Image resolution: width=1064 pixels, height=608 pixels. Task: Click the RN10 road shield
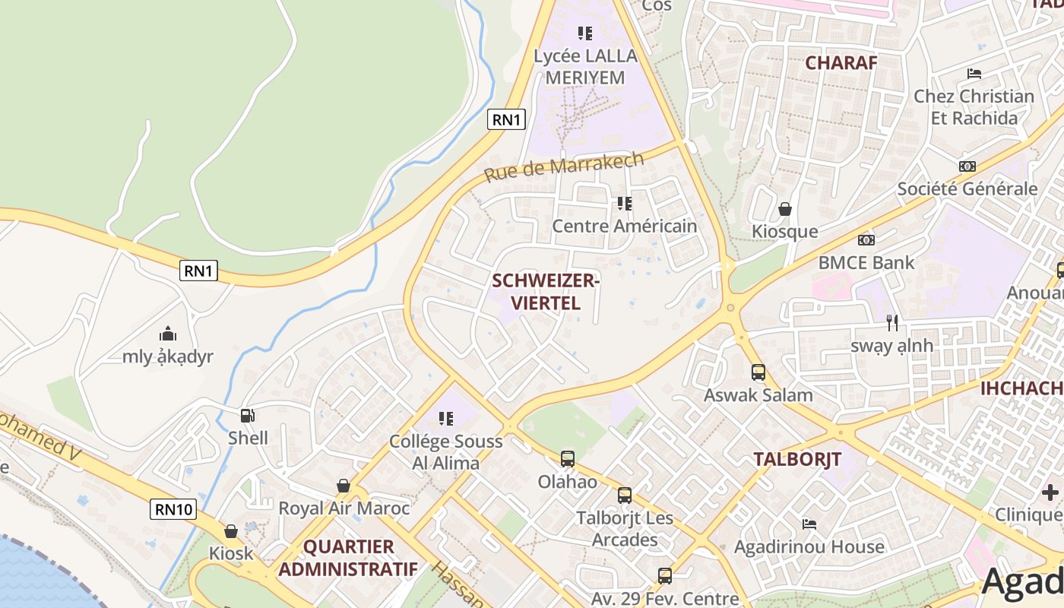pos(175,509)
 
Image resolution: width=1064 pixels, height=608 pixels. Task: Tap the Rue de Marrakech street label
pos(564,166)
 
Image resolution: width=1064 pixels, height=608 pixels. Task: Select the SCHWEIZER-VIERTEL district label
pos(546,292)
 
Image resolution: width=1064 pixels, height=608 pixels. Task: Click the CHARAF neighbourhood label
pos(841,62)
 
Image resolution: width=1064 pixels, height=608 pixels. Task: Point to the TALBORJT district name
pos(797,459)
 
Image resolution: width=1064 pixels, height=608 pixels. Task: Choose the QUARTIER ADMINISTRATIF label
pos(348,558)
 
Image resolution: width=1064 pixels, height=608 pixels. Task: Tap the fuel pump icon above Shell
pos(248,416)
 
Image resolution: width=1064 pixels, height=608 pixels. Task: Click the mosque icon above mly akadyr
pos(168,334)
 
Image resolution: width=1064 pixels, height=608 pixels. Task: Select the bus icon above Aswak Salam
pos(758,372)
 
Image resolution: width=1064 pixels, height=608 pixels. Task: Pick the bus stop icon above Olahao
pos(567,459)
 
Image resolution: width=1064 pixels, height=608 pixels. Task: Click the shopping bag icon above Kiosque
pos(785,209)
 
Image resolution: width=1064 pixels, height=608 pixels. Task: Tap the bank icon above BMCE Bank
pos(866,240)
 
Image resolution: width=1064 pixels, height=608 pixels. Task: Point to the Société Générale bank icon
pos(967,166)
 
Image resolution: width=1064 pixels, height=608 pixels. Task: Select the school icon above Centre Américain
pos(624,204)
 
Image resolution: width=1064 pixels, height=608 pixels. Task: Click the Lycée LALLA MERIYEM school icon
pos(584,33)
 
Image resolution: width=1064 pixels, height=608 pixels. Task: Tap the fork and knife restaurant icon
pos(892,323)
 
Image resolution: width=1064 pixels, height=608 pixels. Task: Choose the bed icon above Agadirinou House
pos(809,524)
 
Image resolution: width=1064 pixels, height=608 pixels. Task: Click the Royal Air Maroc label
pos(344,508)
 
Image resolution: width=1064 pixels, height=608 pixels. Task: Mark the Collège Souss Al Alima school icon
pos(446,419)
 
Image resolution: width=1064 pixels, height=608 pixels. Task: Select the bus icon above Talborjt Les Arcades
pos(624,496)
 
